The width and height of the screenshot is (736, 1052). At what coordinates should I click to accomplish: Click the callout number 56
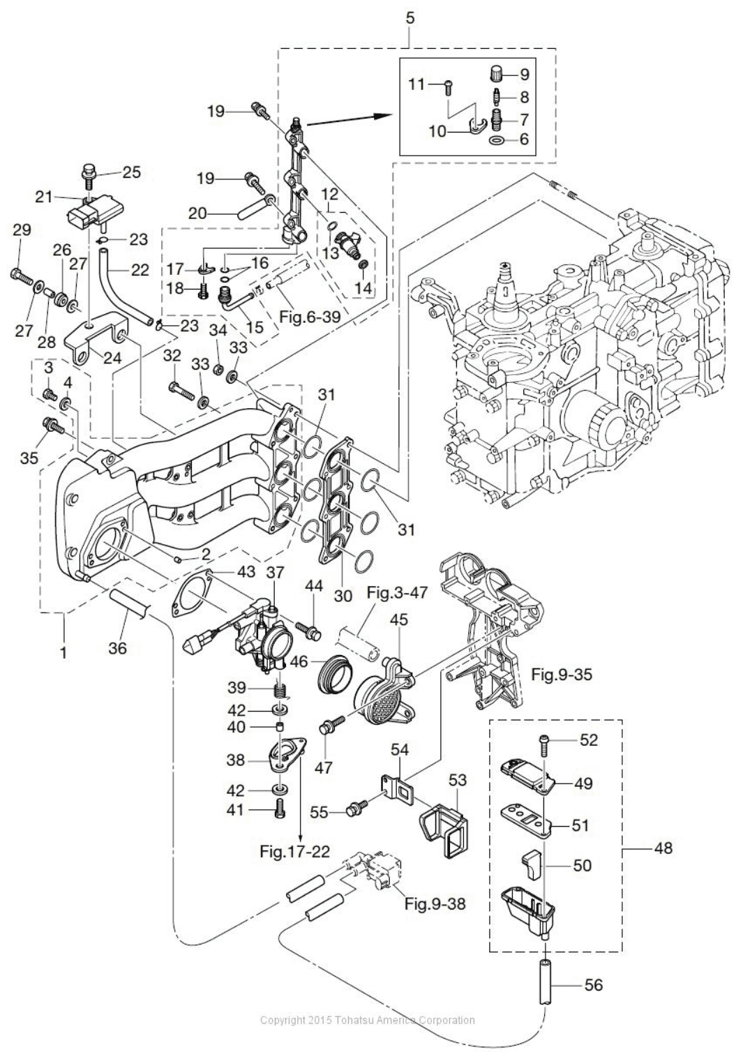coord(592,985)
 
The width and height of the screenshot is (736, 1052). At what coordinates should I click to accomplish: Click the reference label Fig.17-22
coord(294,851)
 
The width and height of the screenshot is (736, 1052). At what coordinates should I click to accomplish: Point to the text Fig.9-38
coord(435,904)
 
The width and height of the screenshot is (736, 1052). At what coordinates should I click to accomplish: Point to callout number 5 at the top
coord(410,17)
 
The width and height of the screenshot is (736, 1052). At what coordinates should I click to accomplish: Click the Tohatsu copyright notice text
coord(367,1020)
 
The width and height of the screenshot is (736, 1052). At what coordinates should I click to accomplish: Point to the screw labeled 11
coord(447,86)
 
